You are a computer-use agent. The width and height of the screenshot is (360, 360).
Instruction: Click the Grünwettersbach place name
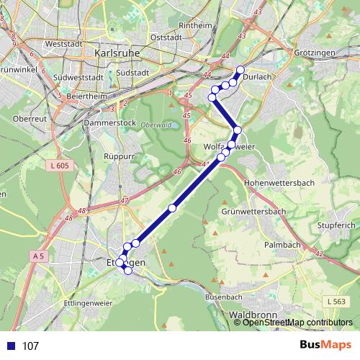tap(255, 212)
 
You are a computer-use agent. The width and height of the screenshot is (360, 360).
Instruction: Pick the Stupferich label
tap(336, 225)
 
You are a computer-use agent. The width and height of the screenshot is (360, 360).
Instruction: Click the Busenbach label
tap(222, 296)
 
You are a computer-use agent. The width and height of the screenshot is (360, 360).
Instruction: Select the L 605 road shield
tap(60, 166)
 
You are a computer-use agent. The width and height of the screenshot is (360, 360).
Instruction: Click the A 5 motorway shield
tap(39, 256)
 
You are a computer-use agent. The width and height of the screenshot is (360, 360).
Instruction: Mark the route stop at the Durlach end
tap(240, 70)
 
